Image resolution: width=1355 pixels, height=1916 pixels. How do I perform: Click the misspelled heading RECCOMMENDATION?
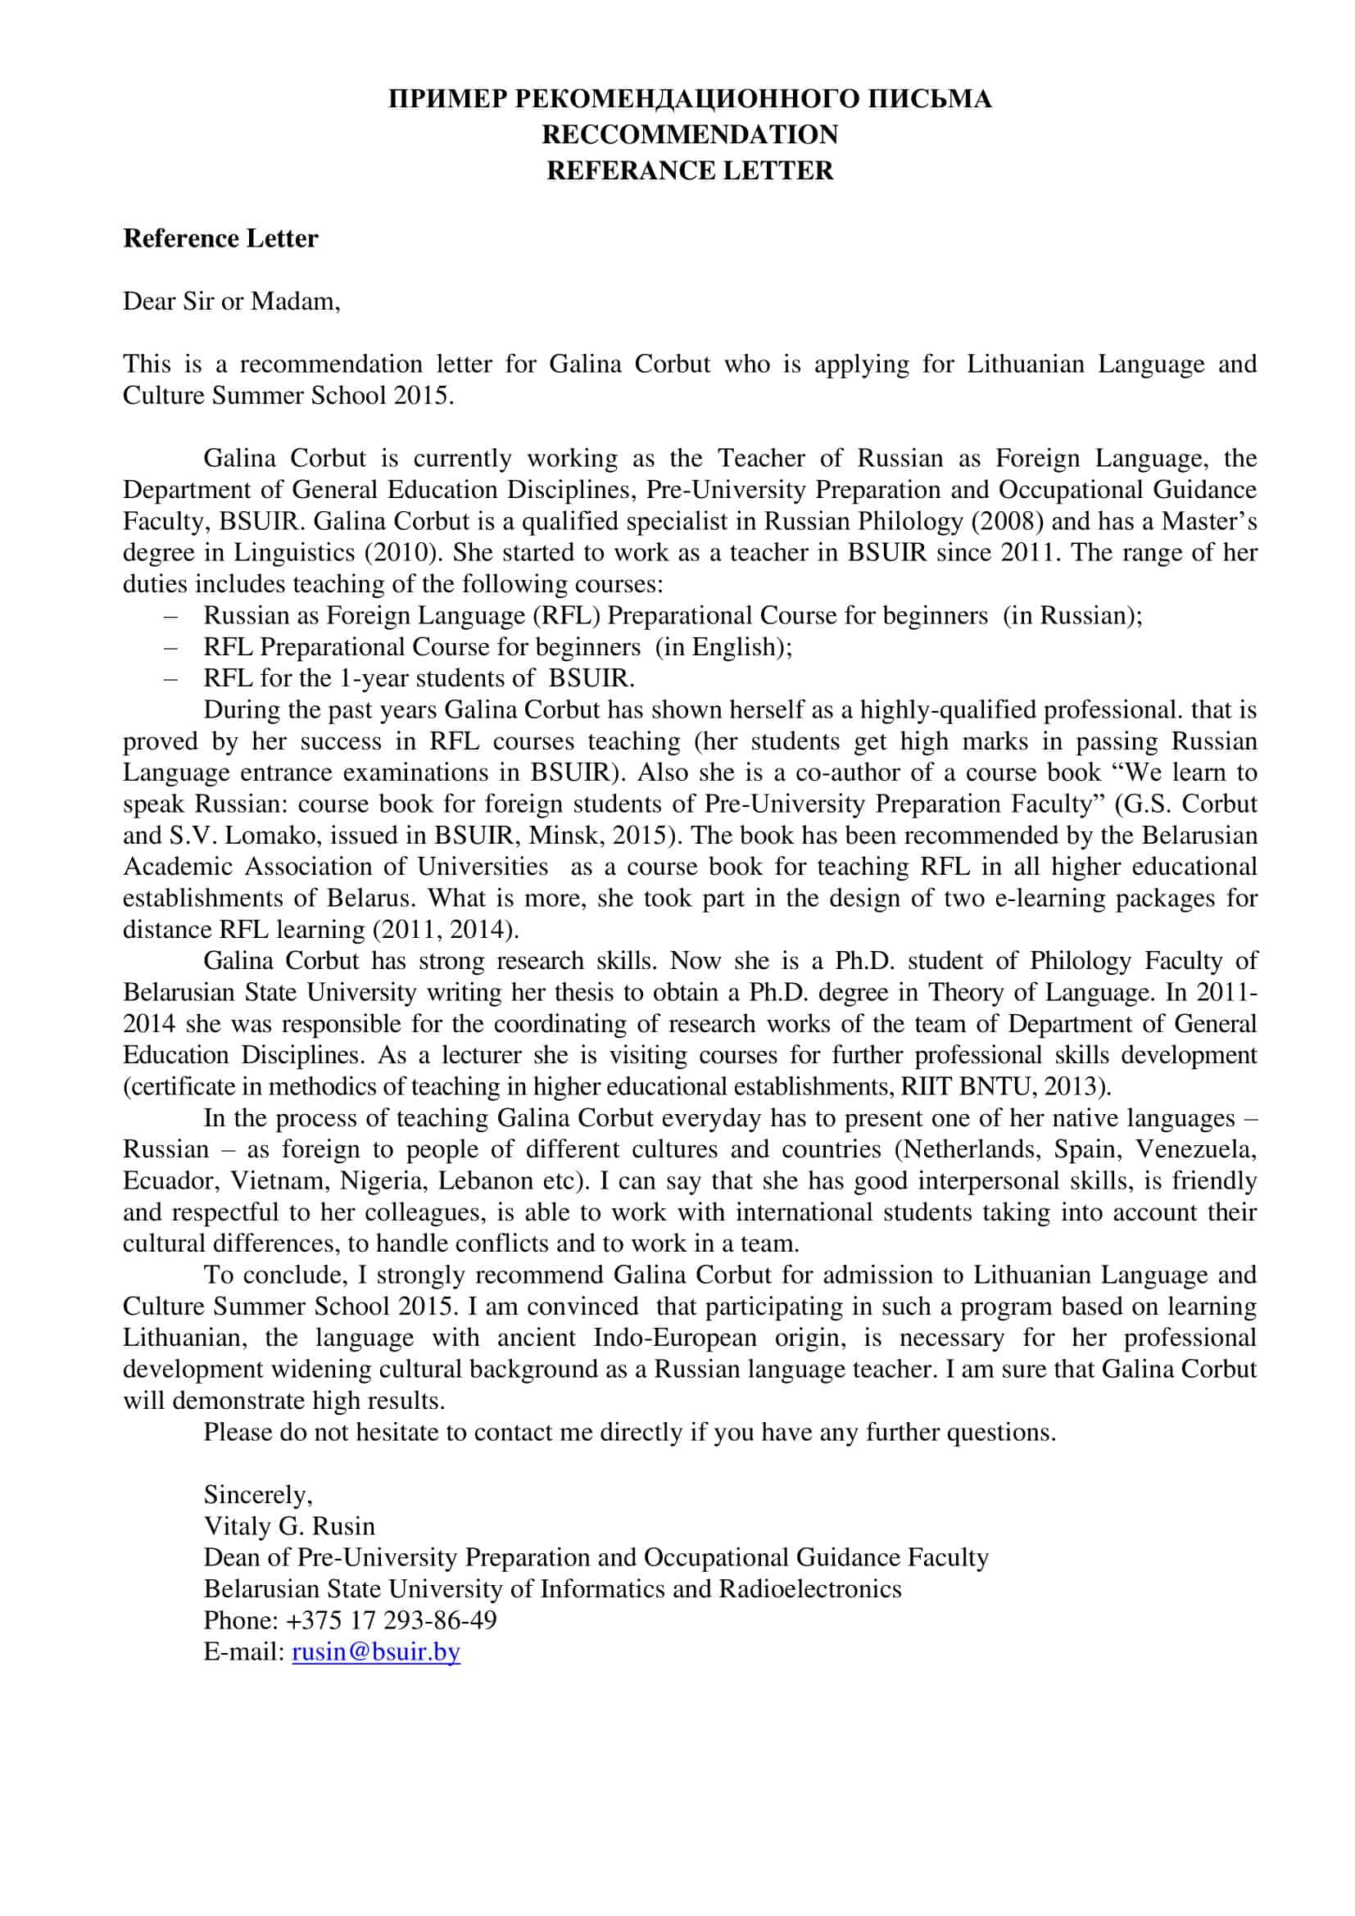coord(689,134)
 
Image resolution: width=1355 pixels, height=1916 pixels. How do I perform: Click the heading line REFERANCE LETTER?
coord(689,170)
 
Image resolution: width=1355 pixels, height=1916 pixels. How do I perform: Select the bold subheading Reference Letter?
coord(220,238)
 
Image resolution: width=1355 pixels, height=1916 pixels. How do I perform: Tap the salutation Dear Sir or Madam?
coord(231,301)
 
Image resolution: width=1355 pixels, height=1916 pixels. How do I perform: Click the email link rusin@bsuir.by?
coord(375,1651)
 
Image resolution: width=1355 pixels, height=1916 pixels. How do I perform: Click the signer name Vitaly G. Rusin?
coord(288,1525)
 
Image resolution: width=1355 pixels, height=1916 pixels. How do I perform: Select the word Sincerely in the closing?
coord(257,1494)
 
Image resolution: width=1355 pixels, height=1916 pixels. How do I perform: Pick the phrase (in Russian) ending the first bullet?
coord(1072,615)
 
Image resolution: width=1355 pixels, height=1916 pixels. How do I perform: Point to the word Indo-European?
coord(674,1338)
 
